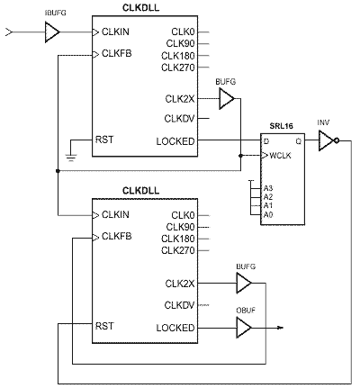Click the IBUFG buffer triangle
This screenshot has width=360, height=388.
click(x=52, y=32)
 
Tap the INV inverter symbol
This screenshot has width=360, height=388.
click(x=328, y=140)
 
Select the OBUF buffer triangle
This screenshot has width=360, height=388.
click(x=244, y=328)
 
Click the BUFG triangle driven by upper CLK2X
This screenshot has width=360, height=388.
click(x=227, y=99)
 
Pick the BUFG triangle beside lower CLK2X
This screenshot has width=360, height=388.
click(x=244, y=283)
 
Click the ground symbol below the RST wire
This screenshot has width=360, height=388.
click(x=71, y=158)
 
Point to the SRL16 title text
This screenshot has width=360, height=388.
click(x=281, y=126)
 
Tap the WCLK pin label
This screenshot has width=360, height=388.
click(x=280, y=156)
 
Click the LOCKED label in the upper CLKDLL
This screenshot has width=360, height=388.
click(x=175, y=141)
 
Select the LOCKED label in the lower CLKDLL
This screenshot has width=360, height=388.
click(x=175, y=328)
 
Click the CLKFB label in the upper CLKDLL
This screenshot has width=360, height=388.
click(x=116, y=53)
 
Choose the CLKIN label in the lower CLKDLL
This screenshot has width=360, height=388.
click(x=115, y=214)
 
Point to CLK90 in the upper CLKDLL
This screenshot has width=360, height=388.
click(x=180, y=43)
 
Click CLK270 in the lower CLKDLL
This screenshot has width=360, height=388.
click(x=178, y=250)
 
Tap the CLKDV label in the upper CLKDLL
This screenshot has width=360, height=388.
click(x=179, y=119)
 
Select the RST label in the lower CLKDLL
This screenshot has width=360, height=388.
click(x=104, y=326)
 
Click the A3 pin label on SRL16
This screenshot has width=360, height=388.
click(x=268, y=188)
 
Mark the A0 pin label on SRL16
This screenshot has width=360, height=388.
click(x=268, y=215)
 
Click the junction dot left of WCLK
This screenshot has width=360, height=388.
click(x=240, y=156)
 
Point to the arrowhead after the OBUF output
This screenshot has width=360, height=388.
click(x=280, y=328)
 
